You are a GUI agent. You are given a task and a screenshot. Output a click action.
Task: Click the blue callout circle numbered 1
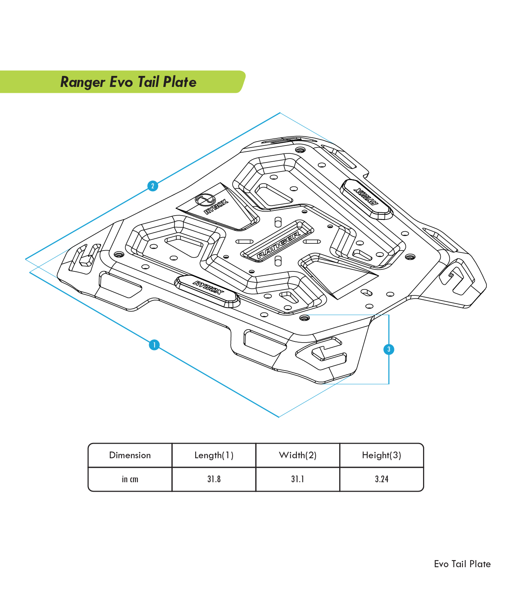click(x=154, y=345)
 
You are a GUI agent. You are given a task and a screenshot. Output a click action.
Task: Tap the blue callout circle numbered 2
click(x=153, y=186)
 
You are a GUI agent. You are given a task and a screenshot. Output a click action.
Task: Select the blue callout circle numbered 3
click(x=389, y=349)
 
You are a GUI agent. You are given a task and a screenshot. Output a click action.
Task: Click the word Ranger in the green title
click(x=83, y=82)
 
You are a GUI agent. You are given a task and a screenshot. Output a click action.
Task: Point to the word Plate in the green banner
click(x=180, y=82)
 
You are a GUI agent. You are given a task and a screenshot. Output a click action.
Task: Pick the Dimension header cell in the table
click(x=130, y=455)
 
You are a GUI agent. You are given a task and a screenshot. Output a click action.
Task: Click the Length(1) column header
click(x=214, y=455)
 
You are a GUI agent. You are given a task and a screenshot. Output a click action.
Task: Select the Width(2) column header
click(x=298, y=455)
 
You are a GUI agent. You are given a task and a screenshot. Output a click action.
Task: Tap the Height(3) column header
click(x=382, y=455)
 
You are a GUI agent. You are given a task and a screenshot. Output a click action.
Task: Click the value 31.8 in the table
click(x=214, y=479)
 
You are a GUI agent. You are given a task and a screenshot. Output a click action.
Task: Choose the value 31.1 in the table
click(x=298, y=479)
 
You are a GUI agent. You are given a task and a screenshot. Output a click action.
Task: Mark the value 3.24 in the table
click(x=382, y=479)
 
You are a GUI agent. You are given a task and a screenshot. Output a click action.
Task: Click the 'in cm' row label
click(x=130, y=479)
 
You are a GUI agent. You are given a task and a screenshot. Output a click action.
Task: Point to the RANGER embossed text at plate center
click(x=279, y=245)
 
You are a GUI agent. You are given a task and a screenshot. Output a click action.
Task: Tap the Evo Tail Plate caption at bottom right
click(x=462, y=564)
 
